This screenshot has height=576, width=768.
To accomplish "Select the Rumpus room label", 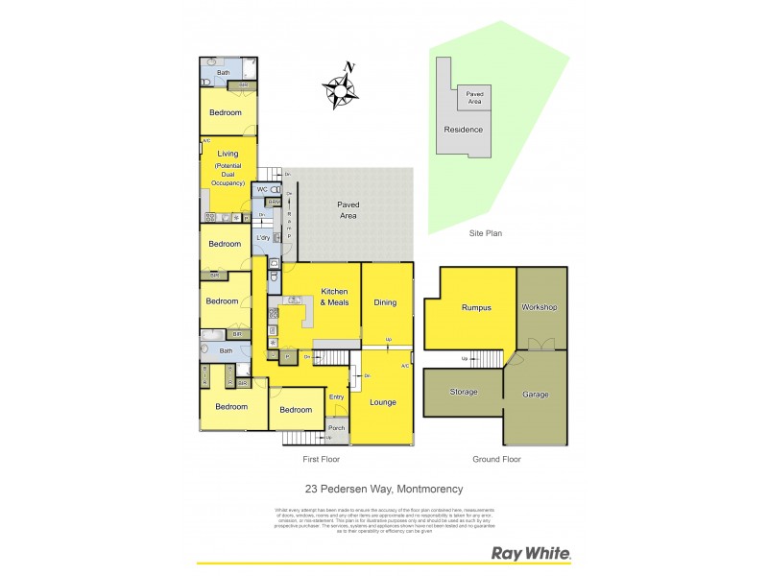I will point(476,307).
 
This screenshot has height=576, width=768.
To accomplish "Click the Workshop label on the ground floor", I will point(540,307).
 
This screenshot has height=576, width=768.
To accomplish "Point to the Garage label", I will point(536,395).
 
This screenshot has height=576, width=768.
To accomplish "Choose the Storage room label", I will point(465,392).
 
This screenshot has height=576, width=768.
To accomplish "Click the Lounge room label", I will point(382,402).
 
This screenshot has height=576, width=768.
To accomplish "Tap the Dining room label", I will point(385,302).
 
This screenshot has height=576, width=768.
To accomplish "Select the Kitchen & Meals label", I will point(334,297).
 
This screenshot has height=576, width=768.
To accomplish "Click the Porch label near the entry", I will point(336,428).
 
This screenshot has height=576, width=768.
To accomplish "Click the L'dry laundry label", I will point(262,237).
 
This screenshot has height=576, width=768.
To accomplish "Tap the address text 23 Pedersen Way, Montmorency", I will point(384,489).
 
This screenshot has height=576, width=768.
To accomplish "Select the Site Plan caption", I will point(486,233).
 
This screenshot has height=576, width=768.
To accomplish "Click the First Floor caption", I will point(321,460).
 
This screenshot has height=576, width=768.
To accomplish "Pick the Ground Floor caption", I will point(497,460).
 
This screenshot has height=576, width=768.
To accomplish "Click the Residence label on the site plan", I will point(463,130).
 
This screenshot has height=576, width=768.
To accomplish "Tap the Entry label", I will point(336,396).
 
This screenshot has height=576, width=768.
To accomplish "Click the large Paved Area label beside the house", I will point(348,210).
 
